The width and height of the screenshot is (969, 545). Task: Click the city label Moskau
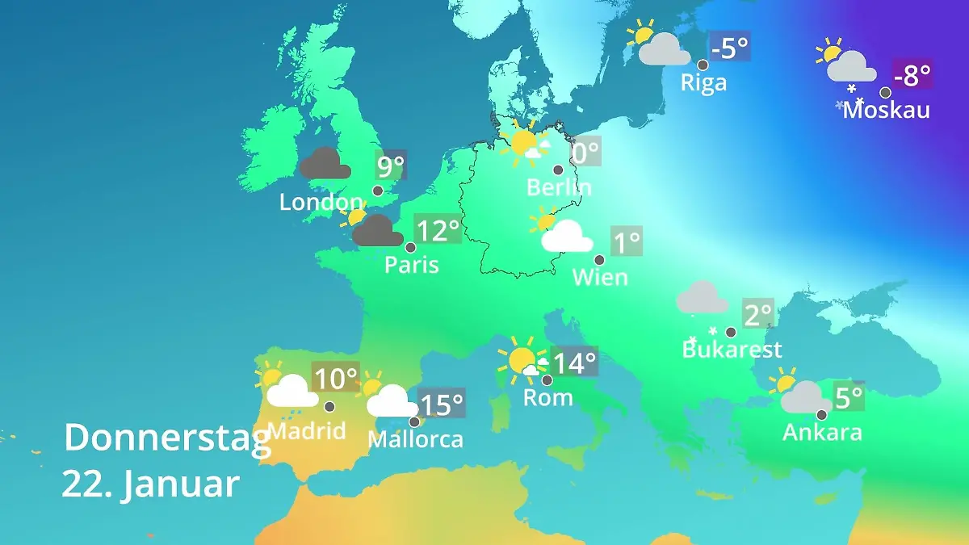tap(886, 110)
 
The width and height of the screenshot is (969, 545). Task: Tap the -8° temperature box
tap(912, 75)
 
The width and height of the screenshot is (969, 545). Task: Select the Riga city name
tap(703, 82)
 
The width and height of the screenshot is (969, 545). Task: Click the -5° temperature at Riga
tap(730, 48)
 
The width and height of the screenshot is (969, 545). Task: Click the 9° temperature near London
tap(391, 167)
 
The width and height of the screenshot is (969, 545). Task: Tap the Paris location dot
tap(410, 248)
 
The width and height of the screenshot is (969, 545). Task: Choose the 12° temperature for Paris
tap(437, 231)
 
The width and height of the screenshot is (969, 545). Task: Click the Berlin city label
tap(559, 187)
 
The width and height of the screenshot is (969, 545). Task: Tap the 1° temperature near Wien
tap(627, 241)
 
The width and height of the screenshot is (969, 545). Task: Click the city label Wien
tap(600, 277)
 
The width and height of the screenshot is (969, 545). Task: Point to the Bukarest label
tap(732, 350)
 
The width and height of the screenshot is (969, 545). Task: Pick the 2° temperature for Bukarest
tap(758, 314)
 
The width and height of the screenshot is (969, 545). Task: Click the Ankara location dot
tap(821, 415)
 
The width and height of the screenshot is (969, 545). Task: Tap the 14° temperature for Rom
tap(574, 363)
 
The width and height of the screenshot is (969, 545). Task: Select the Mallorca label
tap(415, 439)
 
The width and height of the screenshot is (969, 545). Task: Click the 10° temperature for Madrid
tap(335, 378)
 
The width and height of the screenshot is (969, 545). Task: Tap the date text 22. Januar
tap(150, 484)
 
